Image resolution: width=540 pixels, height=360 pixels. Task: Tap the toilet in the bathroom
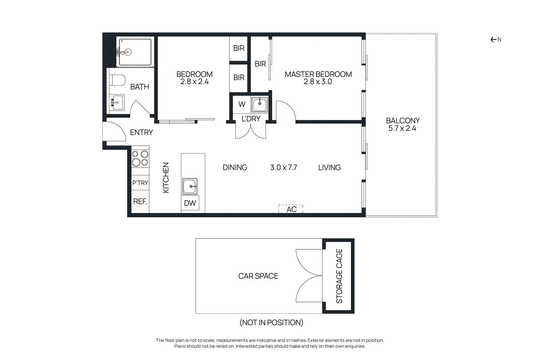(117, 80)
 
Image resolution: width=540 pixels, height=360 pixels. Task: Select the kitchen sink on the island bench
(190, 186)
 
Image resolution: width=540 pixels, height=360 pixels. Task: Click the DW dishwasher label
(190, 203)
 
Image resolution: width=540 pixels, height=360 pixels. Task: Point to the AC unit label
(292, 210)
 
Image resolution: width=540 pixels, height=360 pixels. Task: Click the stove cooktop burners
(140, 158)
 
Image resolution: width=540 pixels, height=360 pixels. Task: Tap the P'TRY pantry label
(140, 183)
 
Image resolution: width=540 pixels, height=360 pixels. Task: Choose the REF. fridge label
(140, 201)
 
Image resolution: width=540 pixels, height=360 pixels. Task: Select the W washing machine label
(242, 104)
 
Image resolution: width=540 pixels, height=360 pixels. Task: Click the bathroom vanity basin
(117, 103)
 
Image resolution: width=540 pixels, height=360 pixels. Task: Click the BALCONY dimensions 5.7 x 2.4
(402, 128)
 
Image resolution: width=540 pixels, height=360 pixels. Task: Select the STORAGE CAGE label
(339, 276)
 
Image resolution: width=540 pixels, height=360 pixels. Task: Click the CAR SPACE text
(258, 276)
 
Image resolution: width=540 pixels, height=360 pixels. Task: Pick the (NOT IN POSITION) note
(271, 323)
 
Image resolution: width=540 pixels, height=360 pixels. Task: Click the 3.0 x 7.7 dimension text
(283, 167)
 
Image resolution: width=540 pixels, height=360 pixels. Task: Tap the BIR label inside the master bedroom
(260, 64)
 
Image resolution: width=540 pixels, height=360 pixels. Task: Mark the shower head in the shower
(128, 52)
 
